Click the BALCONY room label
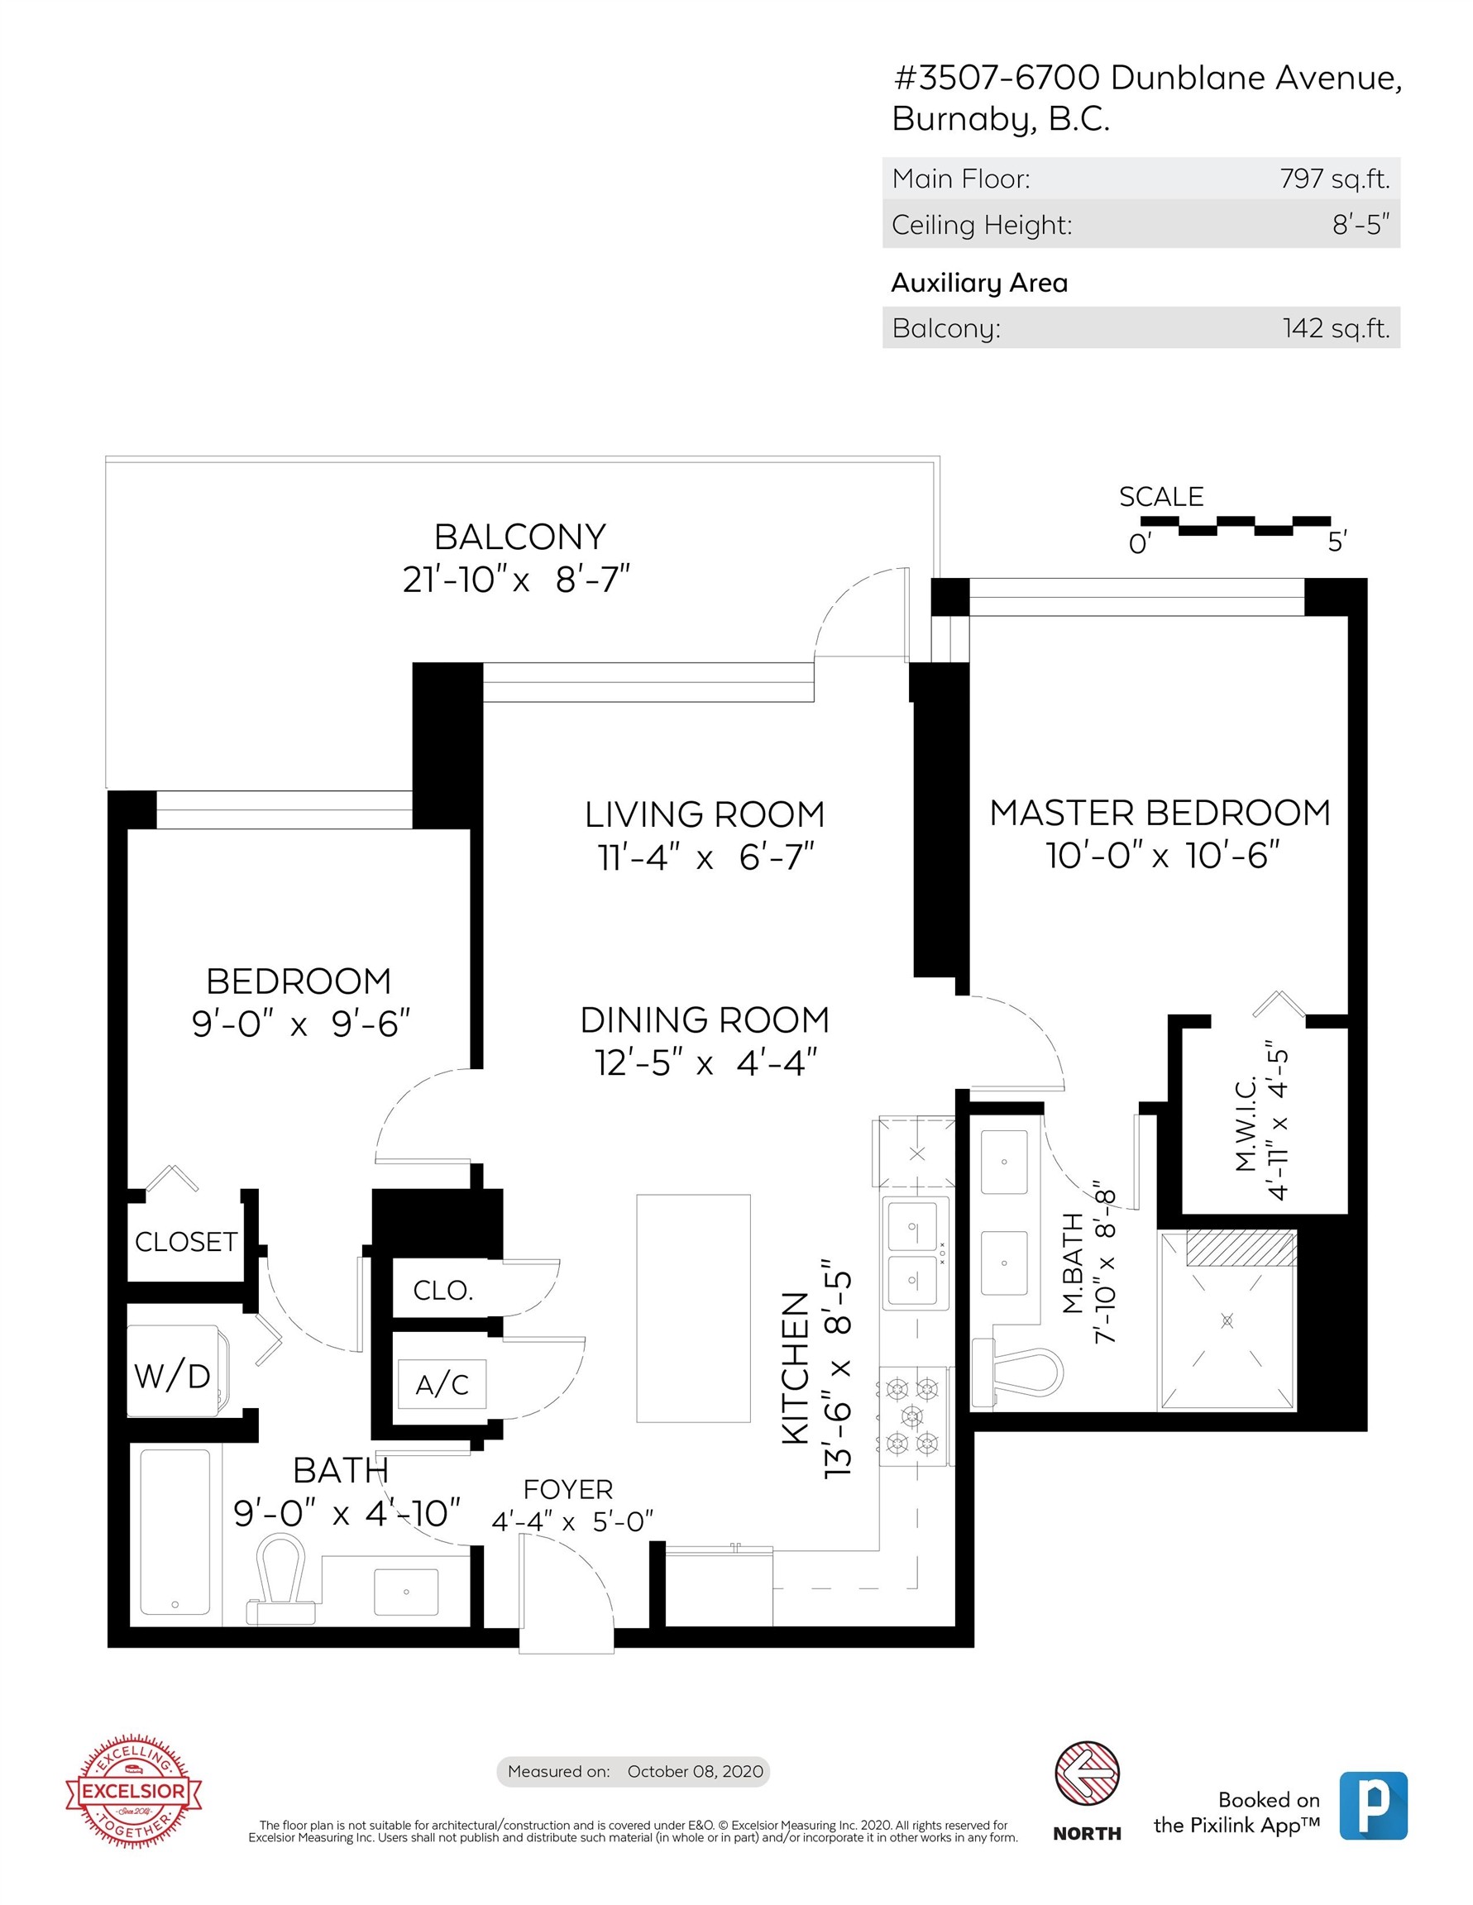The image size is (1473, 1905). (x=519, y=537)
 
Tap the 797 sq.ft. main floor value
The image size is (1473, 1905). (x=1333, y=179)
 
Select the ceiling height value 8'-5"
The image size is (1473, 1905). (x=1360, y=225)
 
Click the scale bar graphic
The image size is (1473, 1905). (x=1236, y=525)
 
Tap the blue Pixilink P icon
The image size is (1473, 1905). (x=1373, y=1805)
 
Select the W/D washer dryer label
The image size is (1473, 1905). (x=172, y=1377)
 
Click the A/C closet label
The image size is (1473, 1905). (x=442, y=1384)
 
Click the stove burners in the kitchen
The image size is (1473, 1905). (x=912, y=1415)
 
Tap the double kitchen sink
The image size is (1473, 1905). (x=913, y=1254)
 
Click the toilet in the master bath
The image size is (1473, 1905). (x=1021, y=1375)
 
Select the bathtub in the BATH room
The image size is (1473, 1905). (x=175, y=1530)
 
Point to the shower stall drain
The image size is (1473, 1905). (x=1227, y=1320)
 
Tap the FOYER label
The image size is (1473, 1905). (x=568, y=1489)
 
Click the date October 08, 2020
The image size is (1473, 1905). (x=695, y=1771)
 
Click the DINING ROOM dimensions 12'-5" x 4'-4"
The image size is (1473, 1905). (x=705, y=1062)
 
